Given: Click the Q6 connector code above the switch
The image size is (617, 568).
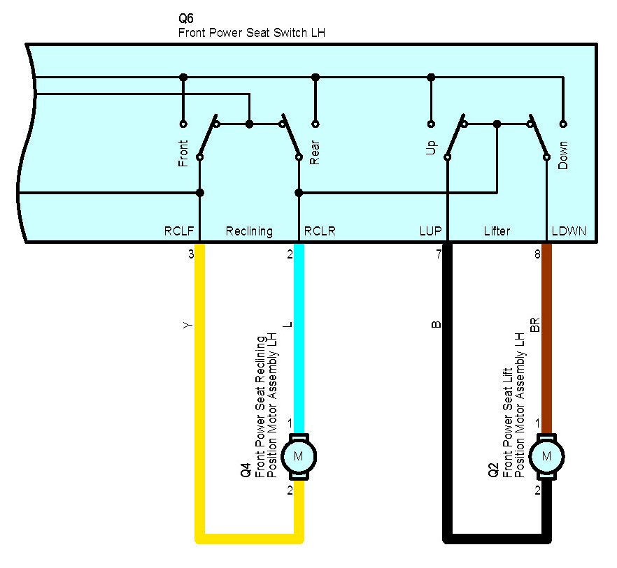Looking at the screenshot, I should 187,19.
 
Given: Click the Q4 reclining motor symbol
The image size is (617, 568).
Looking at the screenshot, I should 299,456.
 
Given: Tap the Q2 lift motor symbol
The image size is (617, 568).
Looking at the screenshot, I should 547,456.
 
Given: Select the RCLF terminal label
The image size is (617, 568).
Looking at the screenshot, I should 178,231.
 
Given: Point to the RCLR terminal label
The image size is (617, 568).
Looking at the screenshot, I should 320,231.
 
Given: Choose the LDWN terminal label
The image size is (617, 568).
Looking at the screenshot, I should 569,231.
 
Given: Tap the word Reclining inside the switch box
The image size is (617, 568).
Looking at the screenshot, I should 249,231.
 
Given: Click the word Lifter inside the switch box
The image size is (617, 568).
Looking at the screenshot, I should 497,231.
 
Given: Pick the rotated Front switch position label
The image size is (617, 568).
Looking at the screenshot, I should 183,153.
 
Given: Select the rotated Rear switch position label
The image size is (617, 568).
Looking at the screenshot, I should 315,154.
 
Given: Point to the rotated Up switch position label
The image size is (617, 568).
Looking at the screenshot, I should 431,147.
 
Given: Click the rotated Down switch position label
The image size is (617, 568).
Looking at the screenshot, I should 563,155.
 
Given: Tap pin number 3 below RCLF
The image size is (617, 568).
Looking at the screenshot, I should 191,254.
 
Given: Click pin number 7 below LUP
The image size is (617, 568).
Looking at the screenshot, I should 439,254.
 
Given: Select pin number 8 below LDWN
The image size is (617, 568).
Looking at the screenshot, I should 537,254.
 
